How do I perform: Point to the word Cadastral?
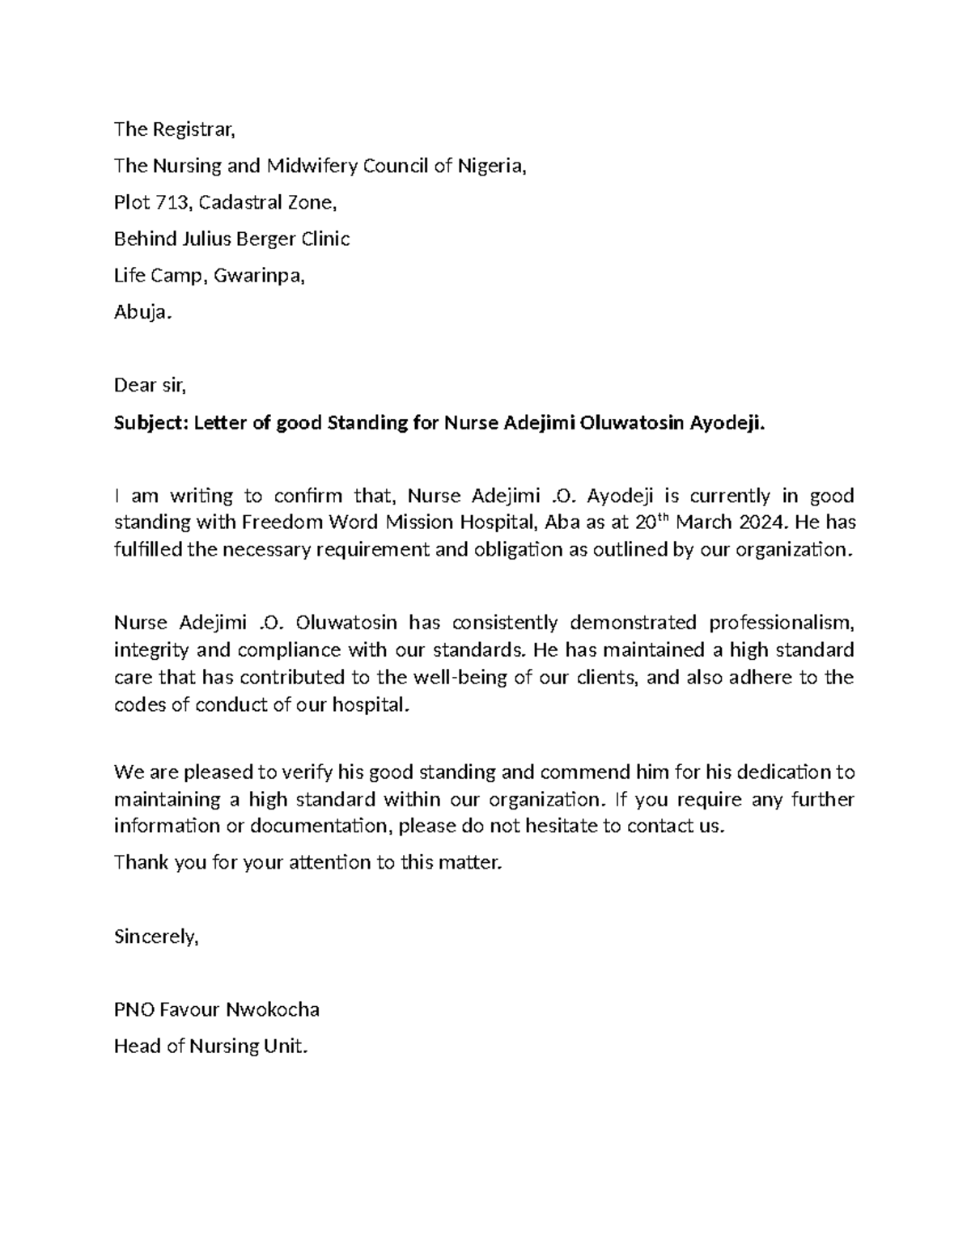click(231, 202)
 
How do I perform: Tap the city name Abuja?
click(142, 312)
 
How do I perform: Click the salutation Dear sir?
click(150, 385)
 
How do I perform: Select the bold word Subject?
click(151, 422)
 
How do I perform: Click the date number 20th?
click(646, 522)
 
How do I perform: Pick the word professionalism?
click(782, 623)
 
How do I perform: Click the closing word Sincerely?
click(155, 937)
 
